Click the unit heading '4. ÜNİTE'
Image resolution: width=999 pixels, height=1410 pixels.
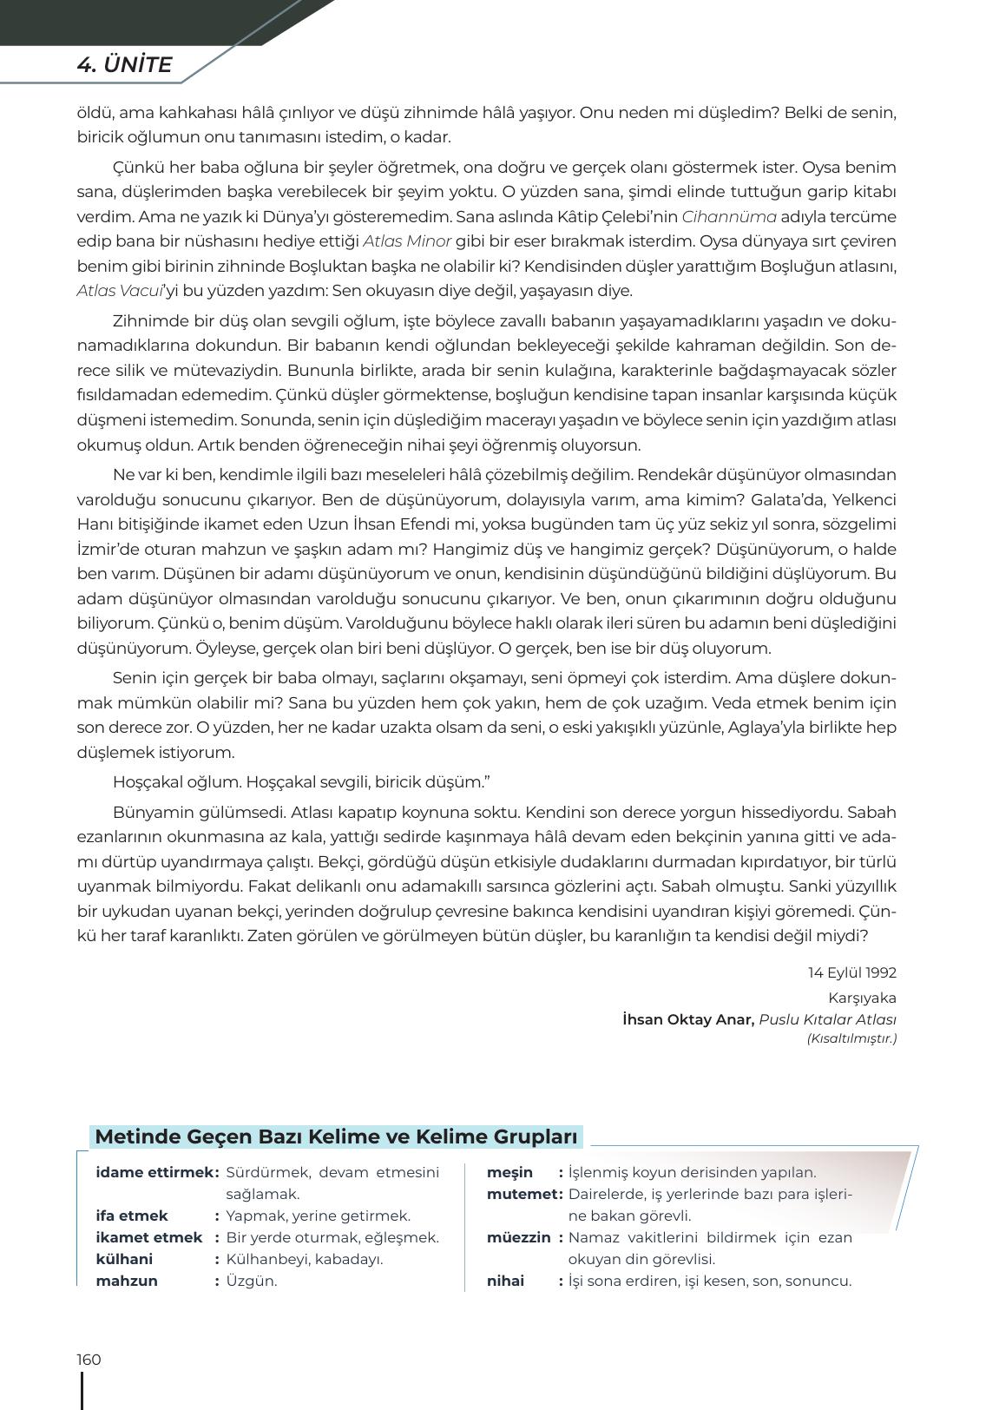coord(124,65)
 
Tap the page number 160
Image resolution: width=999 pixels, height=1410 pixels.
coord(89,1359)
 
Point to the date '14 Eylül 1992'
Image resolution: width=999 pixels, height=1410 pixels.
coord(851,972)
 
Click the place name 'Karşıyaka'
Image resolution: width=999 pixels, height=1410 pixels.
coord(862,998)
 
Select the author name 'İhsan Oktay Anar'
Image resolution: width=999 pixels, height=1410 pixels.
coord(687,1019)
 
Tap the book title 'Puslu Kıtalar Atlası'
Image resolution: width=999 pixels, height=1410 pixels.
coord(827,1019)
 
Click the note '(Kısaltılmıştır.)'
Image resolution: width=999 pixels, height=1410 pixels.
coord(851,1038)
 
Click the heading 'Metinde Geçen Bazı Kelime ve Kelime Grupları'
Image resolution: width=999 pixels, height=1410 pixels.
coord(336,1137)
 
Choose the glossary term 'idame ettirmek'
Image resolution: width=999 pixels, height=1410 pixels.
coord(154,1172)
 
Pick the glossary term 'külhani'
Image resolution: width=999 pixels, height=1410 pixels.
coord(124,1259)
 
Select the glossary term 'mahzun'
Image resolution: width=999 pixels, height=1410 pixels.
coord(127,1281)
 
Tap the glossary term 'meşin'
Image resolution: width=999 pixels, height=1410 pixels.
coord(509,1172)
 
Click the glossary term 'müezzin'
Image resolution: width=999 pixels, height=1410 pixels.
coord(518,1237)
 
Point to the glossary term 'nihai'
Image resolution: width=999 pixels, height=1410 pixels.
coord(505,1281)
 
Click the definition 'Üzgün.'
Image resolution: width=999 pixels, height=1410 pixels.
coord(251,1281)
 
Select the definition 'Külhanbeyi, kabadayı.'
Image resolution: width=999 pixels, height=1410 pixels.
coord(304,1259)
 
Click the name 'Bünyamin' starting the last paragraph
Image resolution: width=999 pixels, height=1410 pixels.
coord(150,813)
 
